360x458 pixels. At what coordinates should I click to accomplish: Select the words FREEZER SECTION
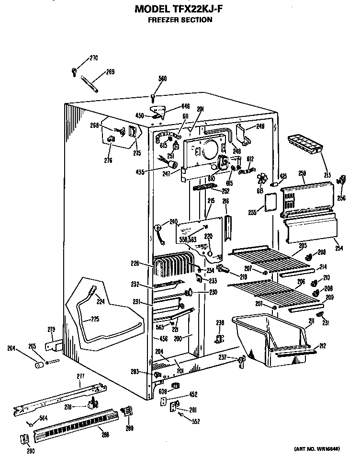(x=180, y=20)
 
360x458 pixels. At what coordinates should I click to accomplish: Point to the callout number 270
(x=94, y=58)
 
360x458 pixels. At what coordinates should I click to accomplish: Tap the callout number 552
(x=195, y=422)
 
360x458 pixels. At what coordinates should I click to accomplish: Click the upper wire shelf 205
(x=268, y=259)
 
